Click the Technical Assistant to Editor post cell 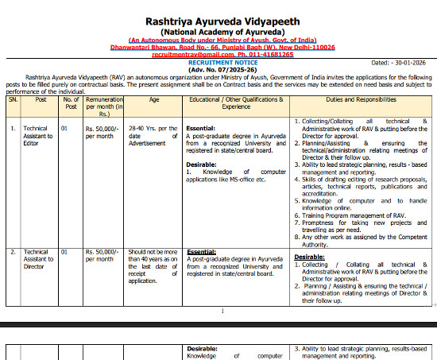[x=36, y=136]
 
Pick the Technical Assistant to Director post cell [x=36, y=260]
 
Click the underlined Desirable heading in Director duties [x=309, y=257]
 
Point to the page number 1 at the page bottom [x=222, y=311]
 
